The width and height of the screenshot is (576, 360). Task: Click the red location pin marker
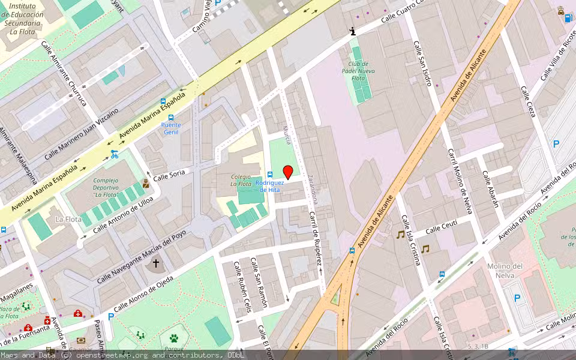(287, 172)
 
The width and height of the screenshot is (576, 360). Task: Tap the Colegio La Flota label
(241, 180)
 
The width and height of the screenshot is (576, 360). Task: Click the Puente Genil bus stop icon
(171, 118)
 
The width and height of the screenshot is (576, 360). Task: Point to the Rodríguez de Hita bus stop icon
(270, 174)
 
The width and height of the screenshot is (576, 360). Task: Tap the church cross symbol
(156, 263)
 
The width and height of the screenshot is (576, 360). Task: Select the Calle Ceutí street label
(441, 227)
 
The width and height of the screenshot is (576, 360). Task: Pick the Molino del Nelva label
(505, 270)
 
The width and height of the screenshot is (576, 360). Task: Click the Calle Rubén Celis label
(243, 287)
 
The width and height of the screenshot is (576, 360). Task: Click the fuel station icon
(568, 17)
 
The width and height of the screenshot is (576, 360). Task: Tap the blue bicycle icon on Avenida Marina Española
(114, 154)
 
